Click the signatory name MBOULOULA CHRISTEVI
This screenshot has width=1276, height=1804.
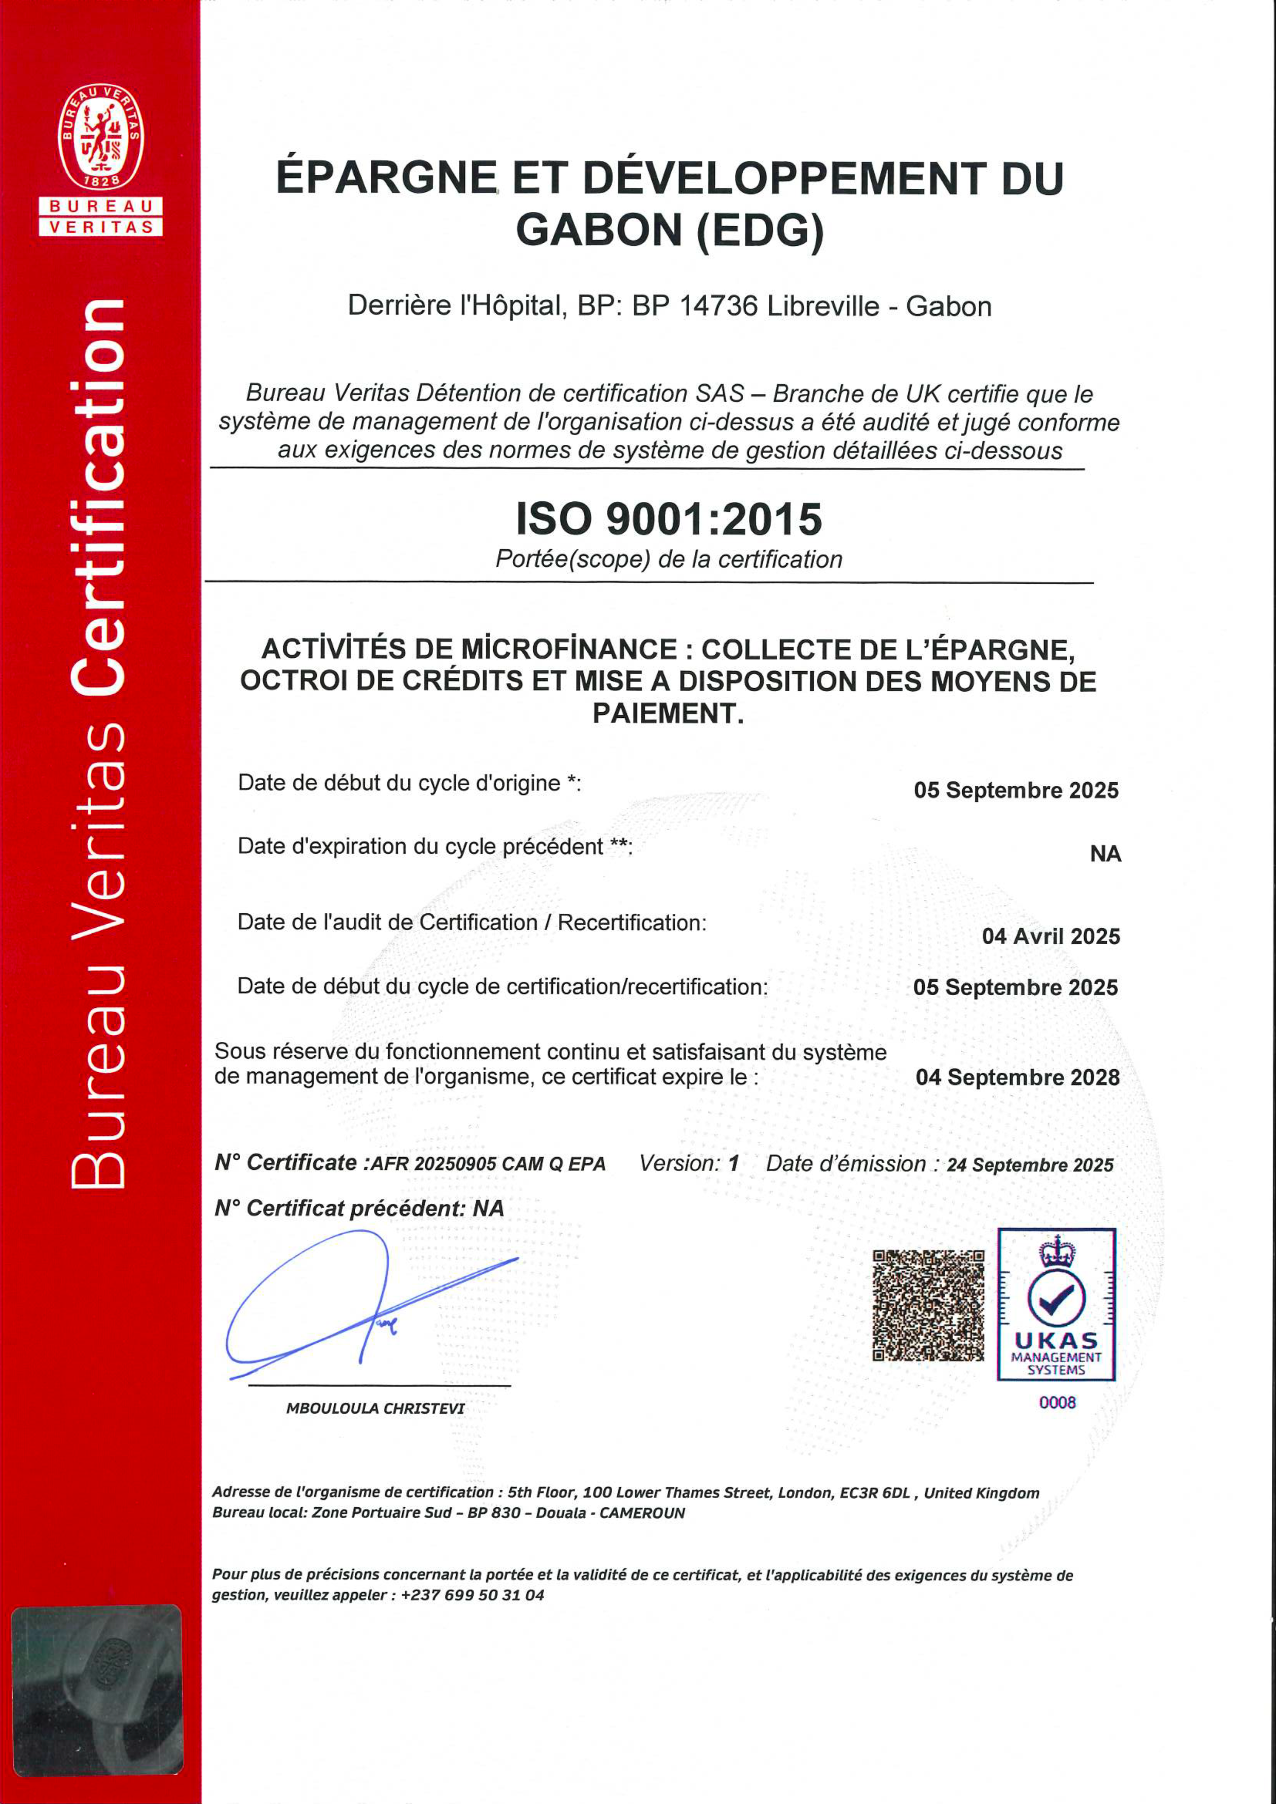pos(375,1409)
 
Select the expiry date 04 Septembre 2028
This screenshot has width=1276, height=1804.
pos(1017,1077)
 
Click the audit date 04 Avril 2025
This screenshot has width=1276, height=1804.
pos(1051,936)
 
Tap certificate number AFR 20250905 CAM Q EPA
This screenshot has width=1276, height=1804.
pos(488,1164)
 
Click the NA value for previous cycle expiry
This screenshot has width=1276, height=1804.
pos(1105,854)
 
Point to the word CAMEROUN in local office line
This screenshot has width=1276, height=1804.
pos(642,1513)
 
